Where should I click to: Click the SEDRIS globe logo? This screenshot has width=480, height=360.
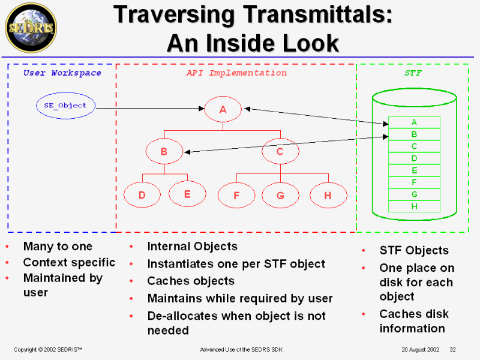31,28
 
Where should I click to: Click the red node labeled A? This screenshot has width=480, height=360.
223,109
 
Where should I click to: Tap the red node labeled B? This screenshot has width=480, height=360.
164,152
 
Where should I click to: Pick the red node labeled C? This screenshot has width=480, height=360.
280,152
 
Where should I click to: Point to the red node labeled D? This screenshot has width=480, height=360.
142,195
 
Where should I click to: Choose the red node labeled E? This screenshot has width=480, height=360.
187,194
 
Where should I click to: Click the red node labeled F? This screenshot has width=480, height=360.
236,195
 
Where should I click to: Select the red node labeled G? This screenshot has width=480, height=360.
280,195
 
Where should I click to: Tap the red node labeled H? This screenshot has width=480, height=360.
328,195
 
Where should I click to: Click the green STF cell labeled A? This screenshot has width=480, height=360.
414,122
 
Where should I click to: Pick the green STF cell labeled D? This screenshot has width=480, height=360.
414,158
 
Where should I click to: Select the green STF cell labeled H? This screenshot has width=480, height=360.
414,206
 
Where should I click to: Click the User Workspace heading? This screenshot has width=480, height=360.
62,73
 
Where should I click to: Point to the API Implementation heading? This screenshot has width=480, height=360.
236,73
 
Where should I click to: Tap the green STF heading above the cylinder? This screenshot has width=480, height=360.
413,73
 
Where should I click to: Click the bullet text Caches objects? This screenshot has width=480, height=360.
191,281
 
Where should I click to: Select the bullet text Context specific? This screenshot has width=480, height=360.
69,262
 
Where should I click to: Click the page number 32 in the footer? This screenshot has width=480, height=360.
453,349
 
